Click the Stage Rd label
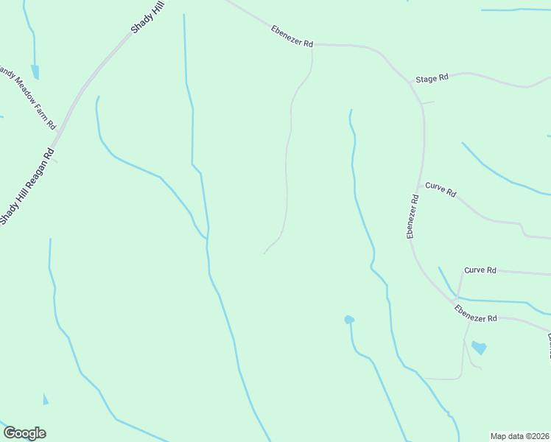[x=432, y=78]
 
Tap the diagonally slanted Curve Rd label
[x=441, y=189]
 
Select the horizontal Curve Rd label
[x=480, y=270]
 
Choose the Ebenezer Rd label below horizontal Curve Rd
[x=476, y=314]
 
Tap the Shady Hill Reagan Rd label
[x=27, y=187]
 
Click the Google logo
[x=24, y=433]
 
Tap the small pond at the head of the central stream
[x=349, y=320]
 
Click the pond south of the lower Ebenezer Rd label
[x=479, y=347]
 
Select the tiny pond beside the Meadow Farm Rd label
[x=35, y=72]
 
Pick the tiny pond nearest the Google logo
[x=46, y=399]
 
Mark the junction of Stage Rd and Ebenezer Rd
[x=409, y=82]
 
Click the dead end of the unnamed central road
[x=264, y=253]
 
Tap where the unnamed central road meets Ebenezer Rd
[x=312, y=45]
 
